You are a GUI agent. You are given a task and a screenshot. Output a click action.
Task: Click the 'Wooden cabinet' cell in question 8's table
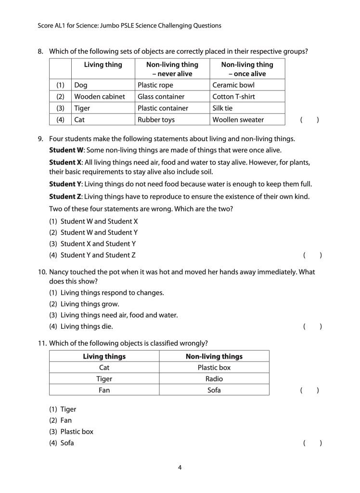[99, 96]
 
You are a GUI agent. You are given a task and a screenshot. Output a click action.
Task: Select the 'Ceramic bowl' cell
[233, 85]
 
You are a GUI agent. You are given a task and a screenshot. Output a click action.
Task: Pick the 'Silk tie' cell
[222, 108]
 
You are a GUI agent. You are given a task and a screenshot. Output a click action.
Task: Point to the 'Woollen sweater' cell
[238, 119]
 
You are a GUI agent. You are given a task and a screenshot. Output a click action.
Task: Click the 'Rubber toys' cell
[156, 119]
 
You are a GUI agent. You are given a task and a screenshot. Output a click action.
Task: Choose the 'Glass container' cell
[161, 96]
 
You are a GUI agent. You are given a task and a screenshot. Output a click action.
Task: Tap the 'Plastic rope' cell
[155, 85]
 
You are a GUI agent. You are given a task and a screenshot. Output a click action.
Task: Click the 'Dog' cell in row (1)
[80, 85]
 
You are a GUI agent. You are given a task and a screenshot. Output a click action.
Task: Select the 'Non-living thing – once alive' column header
[247, 69]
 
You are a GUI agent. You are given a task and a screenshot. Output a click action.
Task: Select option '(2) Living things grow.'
[84, 304]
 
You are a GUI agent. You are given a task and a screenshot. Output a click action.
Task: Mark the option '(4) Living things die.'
[81, 326]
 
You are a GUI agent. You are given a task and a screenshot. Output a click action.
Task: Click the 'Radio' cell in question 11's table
[214, 378]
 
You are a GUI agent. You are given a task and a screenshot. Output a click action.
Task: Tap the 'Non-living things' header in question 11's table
[214, 356]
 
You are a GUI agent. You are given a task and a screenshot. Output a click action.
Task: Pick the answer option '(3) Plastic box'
[71, 431]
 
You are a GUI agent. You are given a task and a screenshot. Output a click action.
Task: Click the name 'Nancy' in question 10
[59, 272]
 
